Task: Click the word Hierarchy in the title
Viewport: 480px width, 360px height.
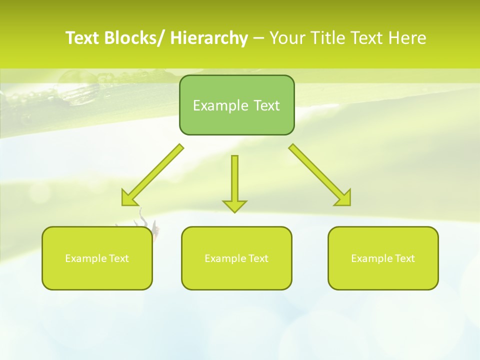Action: click(209, 38)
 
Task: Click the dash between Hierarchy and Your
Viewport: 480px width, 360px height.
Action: click(258, 38)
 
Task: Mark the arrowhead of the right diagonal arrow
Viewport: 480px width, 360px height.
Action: click(344, 199)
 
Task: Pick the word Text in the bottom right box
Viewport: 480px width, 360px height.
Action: click(404, 258)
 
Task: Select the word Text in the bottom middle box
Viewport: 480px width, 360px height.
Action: click(258, 258)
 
